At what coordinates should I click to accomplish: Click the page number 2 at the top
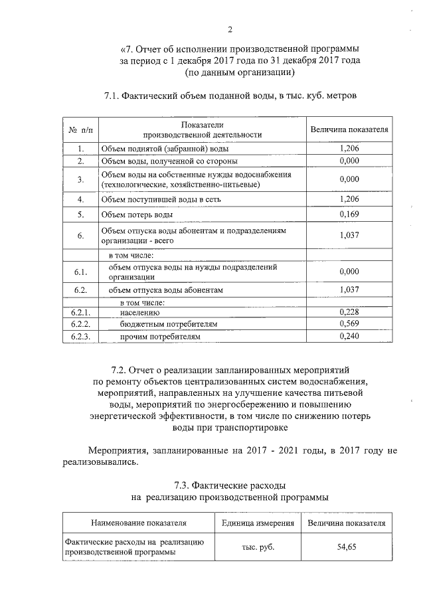230,29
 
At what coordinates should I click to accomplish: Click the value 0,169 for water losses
349,215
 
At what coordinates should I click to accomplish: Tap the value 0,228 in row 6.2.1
349,311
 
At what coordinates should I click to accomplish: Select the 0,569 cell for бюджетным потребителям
349,323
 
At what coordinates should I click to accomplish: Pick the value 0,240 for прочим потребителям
349,337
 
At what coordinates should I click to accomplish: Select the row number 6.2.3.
80,337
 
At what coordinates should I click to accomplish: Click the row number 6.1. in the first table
80,272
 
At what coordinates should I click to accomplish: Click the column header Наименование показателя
139,523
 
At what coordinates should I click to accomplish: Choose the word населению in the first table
141,311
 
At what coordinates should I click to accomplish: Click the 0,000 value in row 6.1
349,272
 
